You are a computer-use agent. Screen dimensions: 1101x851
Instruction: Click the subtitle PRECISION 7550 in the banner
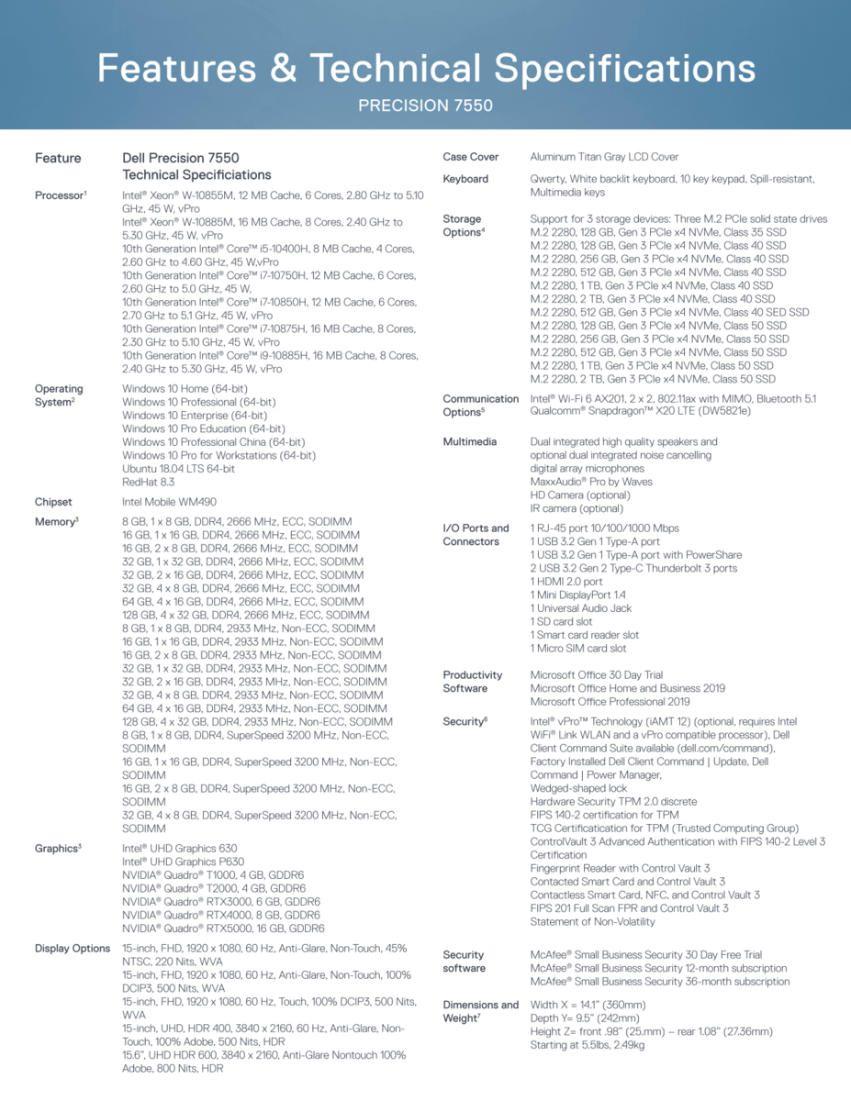[425, 106]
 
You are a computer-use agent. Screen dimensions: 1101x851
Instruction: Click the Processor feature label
[60, 195]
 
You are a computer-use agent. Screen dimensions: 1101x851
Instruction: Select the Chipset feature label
[53, 502]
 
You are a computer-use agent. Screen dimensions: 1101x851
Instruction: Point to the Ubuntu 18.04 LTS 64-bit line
[178, 468]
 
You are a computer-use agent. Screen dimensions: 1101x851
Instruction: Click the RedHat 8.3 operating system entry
[148, 482]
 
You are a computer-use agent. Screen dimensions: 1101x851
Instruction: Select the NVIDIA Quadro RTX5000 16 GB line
[223, 929]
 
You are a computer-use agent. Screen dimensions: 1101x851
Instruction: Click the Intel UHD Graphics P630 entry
[183, 862]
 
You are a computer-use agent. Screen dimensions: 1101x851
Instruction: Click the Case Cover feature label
[470, 157]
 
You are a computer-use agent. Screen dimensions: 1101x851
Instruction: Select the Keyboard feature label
[465, 179]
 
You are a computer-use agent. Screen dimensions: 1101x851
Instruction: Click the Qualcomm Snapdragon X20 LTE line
[640, 412]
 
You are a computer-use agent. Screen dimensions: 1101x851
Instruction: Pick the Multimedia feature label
[469, 442]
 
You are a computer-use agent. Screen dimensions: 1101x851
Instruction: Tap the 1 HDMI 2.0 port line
[566, 582]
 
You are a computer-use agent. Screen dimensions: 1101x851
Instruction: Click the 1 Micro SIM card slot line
[578, 648]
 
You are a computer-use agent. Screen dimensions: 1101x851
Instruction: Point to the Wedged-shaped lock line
[578, 788]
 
